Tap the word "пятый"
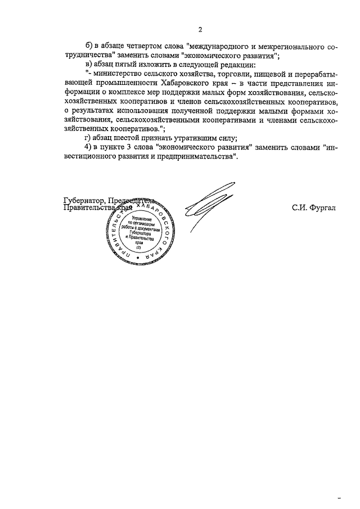click(123, 65)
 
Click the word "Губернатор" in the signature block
click(84, 200)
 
